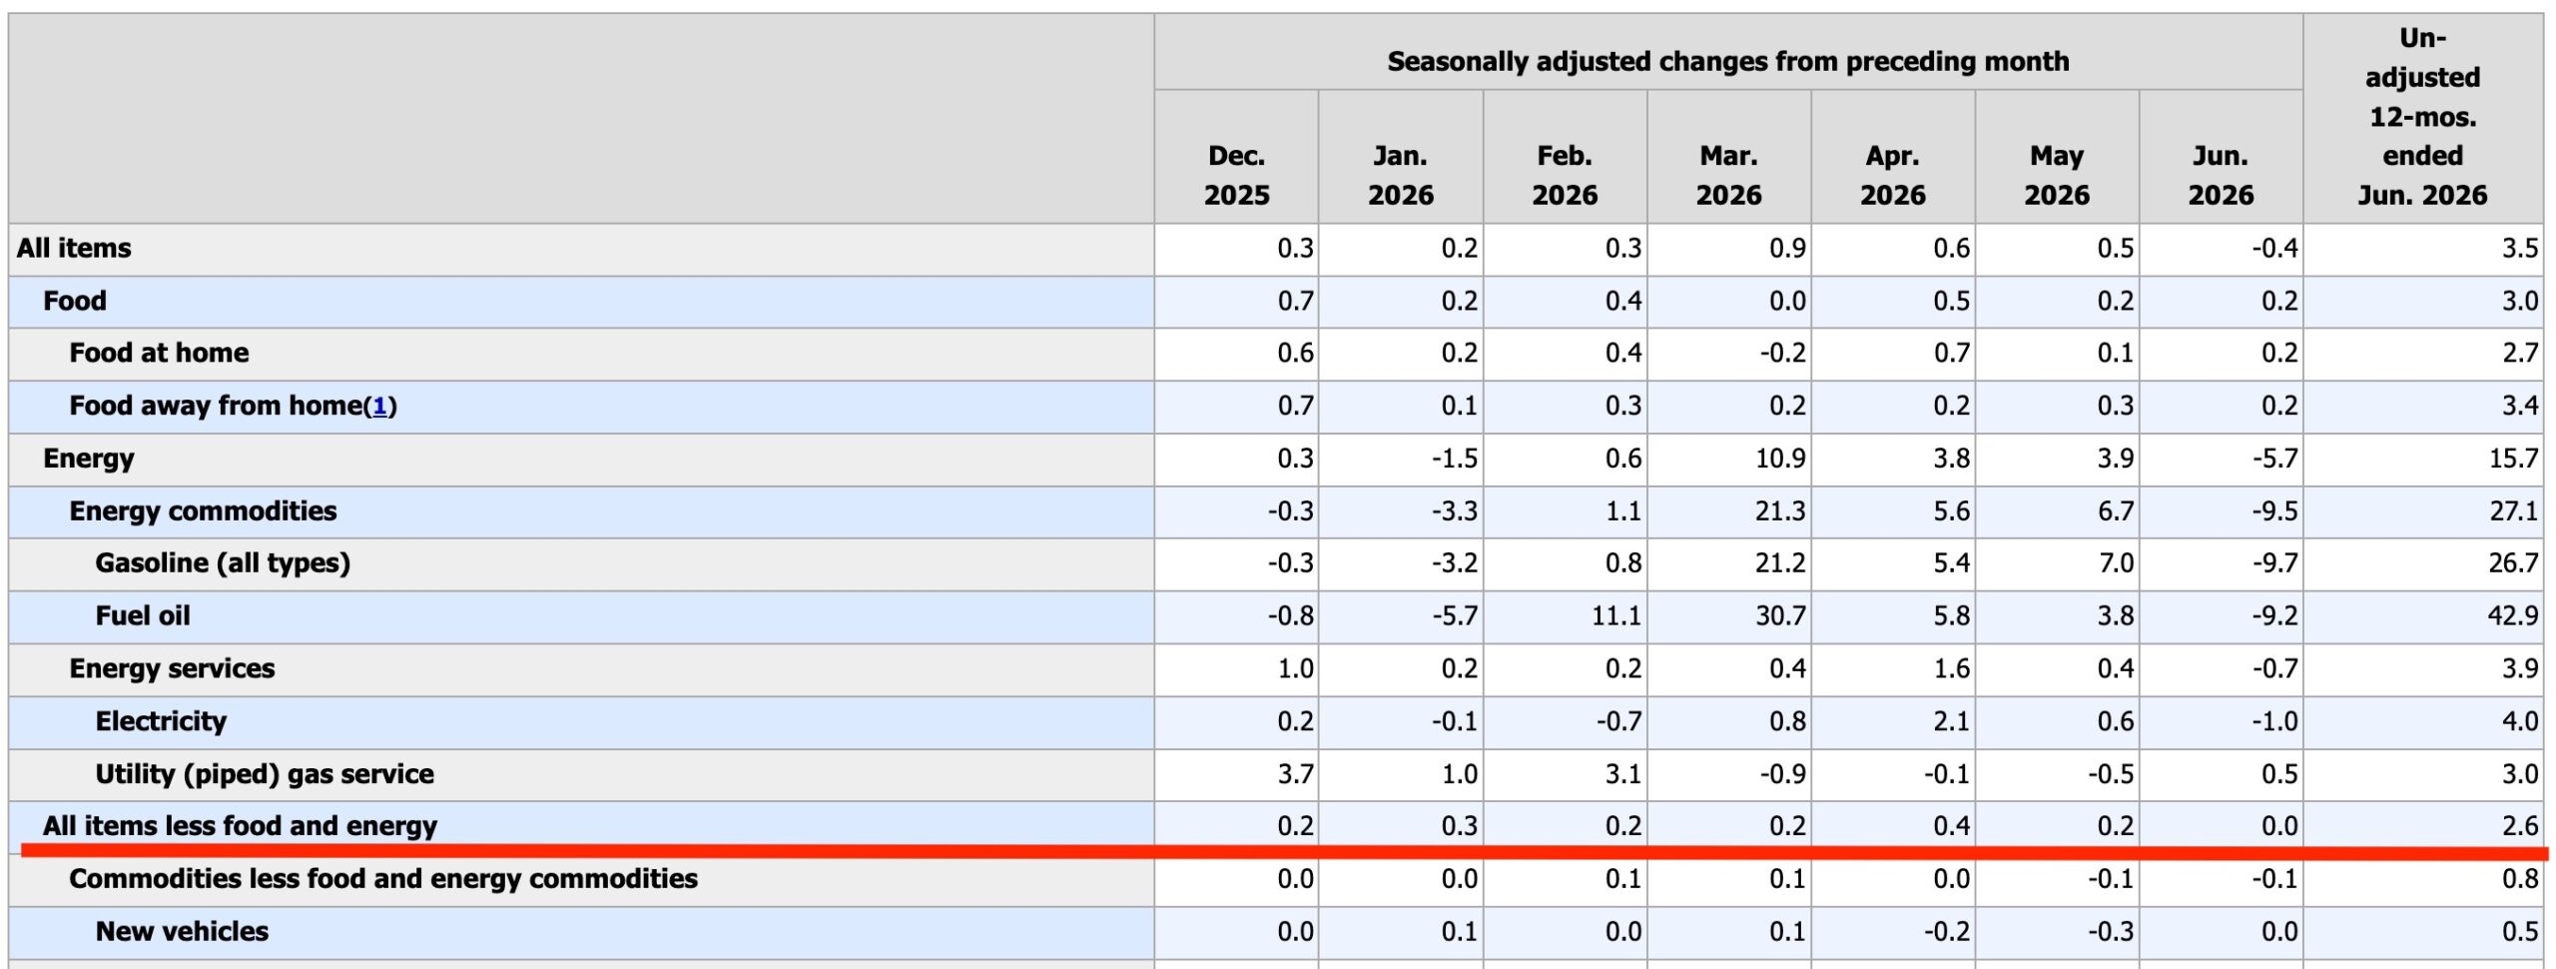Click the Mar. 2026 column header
coord(1728,175)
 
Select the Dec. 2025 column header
coord(1236,175)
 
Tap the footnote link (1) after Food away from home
coord(379,406)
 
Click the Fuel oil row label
coord(143,615)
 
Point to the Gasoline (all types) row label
coord(223,563)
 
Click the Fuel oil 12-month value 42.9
coord(2512,615)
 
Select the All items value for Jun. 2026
coord(2274,248)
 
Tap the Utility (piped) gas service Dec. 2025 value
coord(1295,774)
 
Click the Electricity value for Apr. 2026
coord(1951,721)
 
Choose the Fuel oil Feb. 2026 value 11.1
coord(1615,615)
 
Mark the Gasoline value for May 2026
coord(2116,563)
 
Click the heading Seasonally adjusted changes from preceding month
coord(1728,62)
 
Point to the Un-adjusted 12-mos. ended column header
coord(2422,116)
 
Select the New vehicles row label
coord(182,931)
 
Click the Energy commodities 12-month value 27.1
coord(2512,510)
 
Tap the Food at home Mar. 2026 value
coord(1783,353)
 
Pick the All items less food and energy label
coord(240,826)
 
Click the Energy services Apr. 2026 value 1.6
coord(1951,668)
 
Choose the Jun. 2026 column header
coord(2221,175)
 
